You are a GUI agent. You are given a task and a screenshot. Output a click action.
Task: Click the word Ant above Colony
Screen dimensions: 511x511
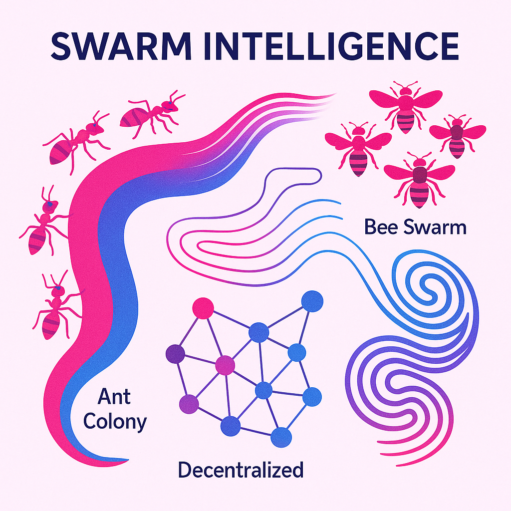pos(114,397)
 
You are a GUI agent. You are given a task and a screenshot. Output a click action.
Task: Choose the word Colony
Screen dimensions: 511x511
pos(115,422)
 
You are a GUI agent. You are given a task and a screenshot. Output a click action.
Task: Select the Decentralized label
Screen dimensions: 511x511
pos(241,470)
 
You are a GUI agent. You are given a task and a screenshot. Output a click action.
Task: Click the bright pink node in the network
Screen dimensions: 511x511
pos(203,308)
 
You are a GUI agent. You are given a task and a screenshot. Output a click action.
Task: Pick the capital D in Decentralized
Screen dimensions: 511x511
pos(185,470)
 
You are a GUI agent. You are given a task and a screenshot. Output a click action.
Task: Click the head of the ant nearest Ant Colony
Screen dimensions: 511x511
pos(58,287)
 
